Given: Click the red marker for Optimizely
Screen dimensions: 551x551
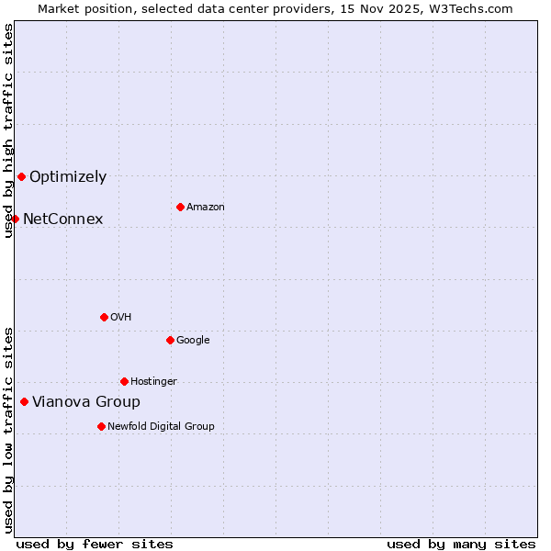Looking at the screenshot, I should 21,176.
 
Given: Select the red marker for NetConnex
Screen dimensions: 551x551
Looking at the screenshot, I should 15,219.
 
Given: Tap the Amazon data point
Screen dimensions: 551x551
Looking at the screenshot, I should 180,207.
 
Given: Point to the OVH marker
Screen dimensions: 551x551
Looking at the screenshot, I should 104,317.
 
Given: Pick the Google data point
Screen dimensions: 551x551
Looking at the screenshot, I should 170,340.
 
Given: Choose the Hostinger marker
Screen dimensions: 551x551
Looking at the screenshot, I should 124,381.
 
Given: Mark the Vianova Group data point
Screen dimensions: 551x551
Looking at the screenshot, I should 24,401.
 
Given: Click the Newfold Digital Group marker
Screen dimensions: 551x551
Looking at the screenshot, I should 101,426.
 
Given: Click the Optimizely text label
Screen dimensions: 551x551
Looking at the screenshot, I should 68,177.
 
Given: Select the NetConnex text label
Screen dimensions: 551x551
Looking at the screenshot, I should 62,219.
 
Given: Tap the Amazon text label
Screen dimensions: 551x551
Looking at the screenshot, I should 206,208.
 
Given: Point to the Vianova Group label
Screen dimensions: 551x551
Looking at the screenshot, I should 86,402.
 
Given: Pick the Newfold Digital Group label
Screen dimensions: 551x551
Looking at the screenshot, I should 161,427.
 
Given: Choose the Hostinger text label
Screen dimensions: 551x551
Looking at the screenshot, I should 153,382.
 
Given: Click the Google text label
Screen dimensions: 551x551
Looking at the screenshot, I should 193,341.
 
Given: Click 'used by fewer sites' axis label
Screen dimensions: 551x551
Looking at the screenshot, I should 95,544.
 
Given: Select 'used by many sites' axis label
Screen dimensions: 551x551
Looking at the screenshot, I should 461,544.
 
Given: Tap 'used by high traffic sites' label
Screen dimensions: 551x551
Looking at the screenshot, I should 8,130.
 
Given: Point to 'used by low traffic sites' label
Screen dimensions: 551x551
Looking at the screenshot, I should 8,430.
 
